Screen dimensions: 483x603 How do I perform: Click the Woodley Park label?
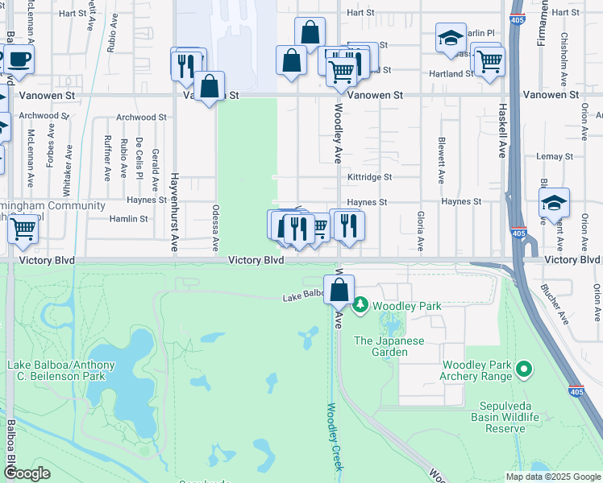tap(397, 306)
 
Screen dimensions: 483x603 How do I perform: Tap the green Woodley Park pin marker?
tap(360, 305)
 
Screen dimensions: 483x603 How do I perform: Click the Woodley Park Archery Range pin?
tap(524, 369)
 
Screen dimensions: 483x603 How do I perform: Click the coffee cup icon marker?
tap(19, 60)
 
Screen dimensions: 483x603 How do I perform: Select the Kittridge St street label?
tap(369, 177)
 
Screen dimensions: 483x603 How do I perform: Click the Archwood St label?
tap(140, 117)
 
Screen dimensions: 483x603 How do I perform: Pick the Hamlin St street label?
tap(128, 218)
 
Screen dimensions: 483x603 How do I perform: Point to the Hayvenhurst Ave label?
tap(173, 212)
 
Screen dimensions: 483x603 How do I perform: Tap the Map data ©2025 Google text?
tap(552, 476)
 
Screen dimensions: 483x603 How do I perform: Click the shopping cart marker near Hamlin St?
tap(23, 229)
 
